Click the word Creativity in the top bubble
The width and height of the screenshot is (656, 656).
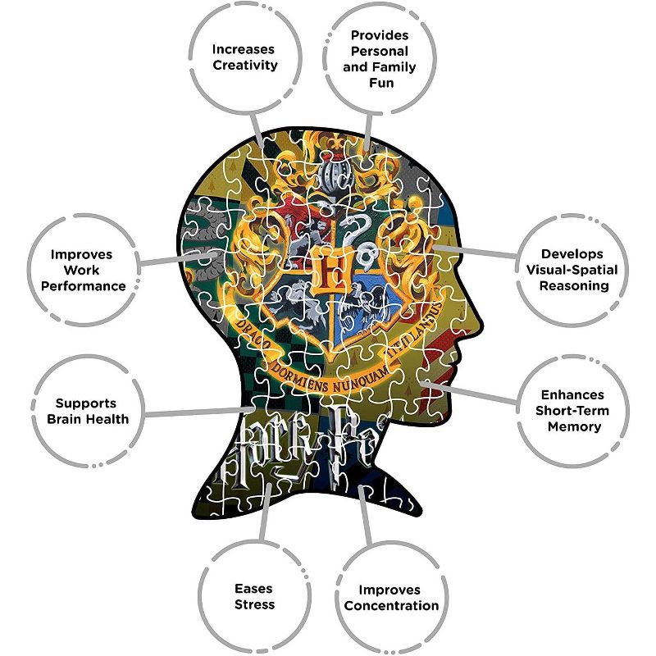pos(245,65)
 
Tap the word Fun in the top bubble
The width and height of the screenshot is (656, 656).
pos(379,84)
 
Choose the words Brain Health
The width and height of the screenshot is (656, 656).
pos(93,419)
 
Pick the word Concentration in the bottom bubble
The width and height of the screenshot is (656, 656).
pos(392,606)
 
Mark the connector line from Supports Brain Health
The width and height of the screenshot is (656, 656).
pos(197,412)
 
